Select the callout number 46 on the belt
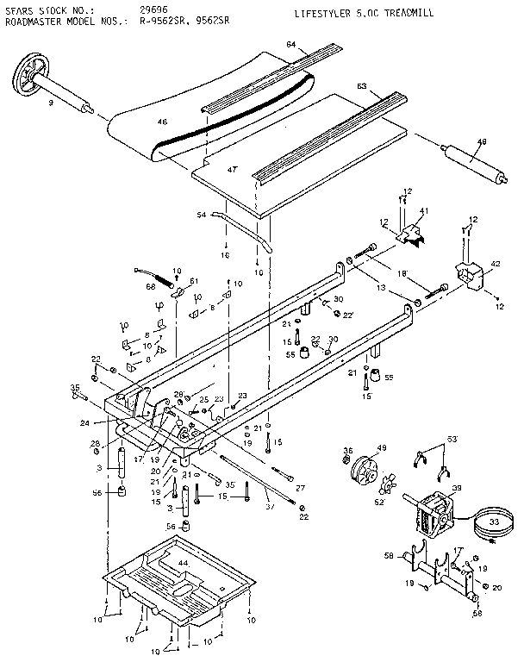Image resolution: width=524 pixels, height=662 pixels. pos(161,122)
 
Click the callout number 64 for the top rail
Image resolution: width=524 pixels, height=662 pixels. pos(291,44)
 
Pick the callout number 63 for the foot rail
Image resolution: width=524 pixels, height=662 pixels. pos(362,86)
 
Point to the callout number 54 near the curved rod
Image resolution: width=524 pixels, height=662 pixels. pos(201,214)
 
